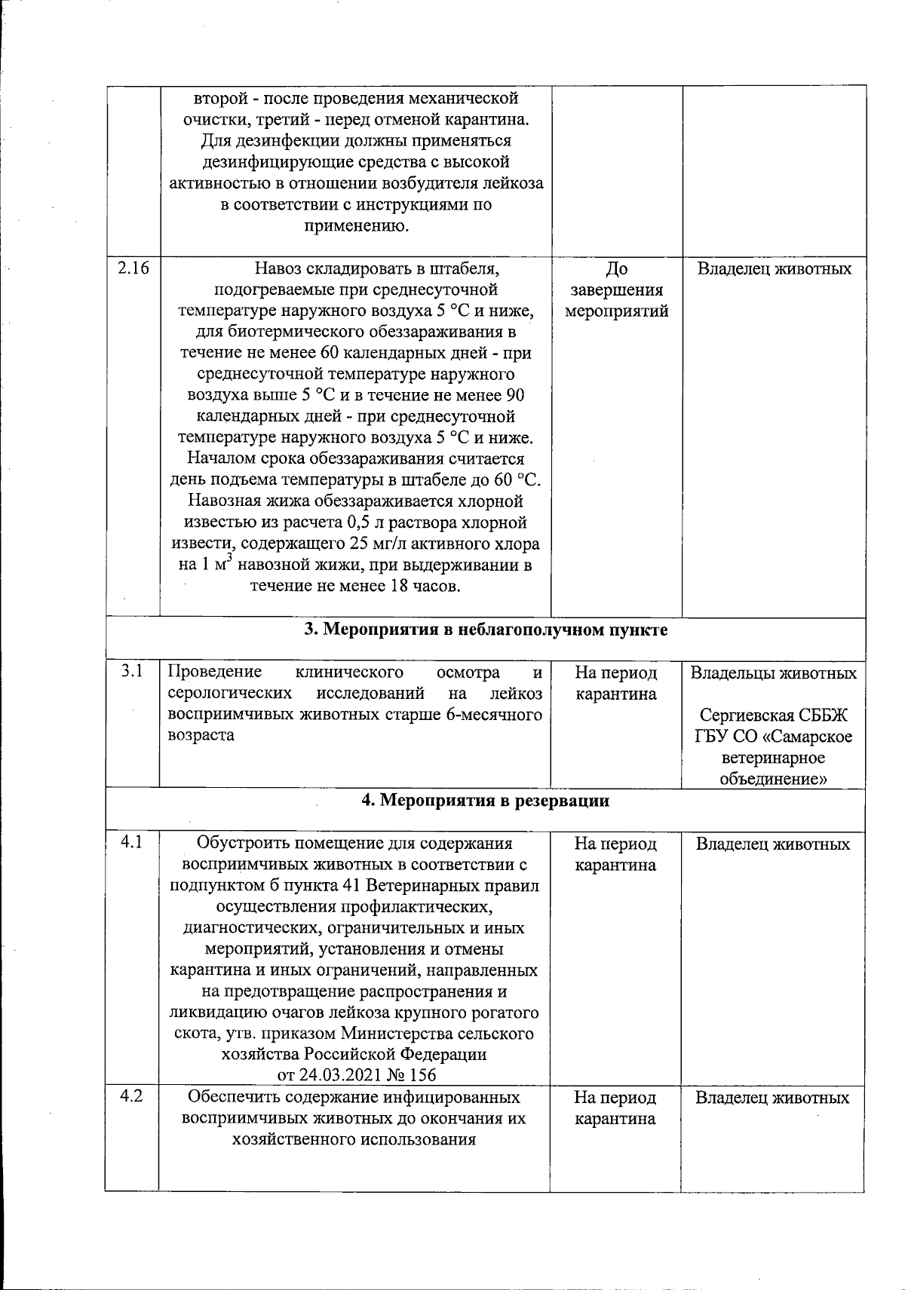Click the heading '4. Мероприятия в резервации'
click(x=486, y=801)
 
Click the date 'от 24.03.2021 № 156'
click(x=357, y=1075)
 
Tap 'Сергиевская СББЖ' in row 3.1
click(x=774, y=715)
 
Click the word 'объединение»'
click(x=774, y=779)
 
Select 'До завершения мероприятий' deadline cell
click(x=616, y=290)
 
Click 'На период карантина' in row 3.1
click(x=615, y=683)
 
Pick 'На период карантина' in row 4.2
click(x=615, y=1108)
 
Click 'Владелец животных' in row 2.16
click(x=774, y=269)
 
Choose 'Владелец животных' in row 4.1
click(x=772, y=844)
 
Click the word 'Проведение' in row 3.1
click(x=215, y=672)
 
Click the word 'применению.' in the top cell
click(x=356, y=225)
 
